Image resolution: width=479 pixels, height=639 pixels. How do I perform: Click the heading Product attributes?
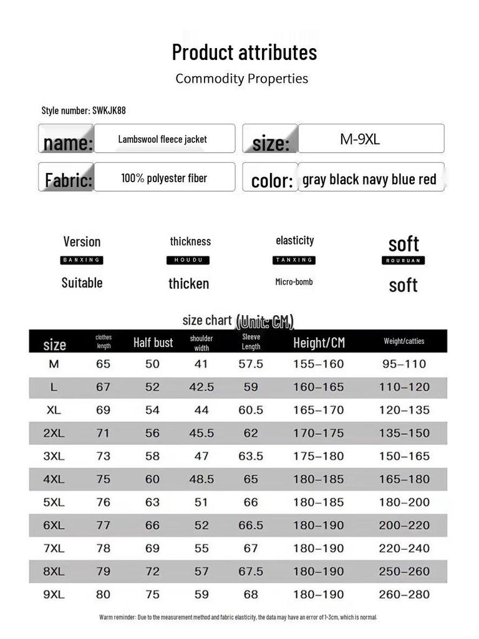pyautogui.click(x=244, y=52)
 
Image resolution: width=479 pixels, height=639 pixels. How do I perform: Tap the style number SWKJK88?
pyautogui.click(x=84, y=110)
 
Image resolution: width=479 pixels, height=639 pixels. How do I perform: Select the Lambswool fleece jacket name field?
pyautogui.click(x=163, y=139)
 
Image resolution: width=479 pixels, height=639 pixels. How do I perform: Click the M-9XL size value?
pyautogui.click(x=360, y=139)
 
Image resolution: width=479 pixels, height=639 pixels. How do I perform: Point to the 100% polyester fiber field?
pyautogui.click(x=164, y=178)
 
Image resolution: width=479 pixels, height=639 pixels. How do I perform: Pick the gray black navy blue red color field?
pyautogui.click(x=369, y=180)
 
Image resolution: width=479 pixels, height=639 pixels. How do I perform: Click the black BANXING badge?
pyautogui.click(x=82, y=260)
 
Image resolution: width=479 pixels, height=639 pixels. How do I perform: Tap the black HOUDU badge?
pyautogui.click(x=188, y=260)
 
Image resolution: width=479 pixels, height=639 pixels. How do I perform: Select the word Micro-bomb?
pyautogui.click(x=294, y=282)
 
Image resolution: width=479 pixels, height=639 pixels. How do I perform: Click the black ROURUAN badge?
pyautogui.click(x=403, y=260)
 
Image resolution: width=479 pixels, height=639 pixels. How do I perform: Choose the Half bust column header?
pyautogui.click(x=153, y=342)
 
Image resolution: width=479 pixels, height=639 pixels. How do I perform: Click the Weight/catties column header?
pyautogui.click(x=404, y=341)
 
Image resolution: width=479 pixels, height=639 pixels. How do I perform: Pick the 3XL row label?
pyautogui.click(x=54, y=456)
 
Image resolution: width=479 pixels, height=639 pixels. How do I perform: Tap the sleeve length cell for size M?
pyautogui.click(x=251, y=364)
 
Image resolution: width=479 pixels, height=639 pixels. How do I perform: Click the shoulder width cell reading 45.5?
pyautogui.click(x=201, y=433)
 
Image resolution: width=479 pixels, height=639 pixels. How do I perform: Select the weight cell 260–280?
pyautogui.click(x=404, y=595)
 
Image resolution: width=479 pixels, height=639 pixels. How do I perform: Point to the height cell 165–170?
pyautogui.click(x=318, y=410)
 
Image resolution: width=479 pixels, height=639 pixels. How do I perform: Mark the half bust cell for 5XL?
pyautogui.click(x=152, y=502)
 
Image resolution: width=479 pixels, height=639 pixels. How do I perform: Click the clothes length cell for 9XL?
pyautogui.click(x=103, y=595)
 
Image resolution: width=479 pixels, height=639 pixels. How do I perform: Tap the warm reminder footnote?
pyautogui.click(x=238, y=617)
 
